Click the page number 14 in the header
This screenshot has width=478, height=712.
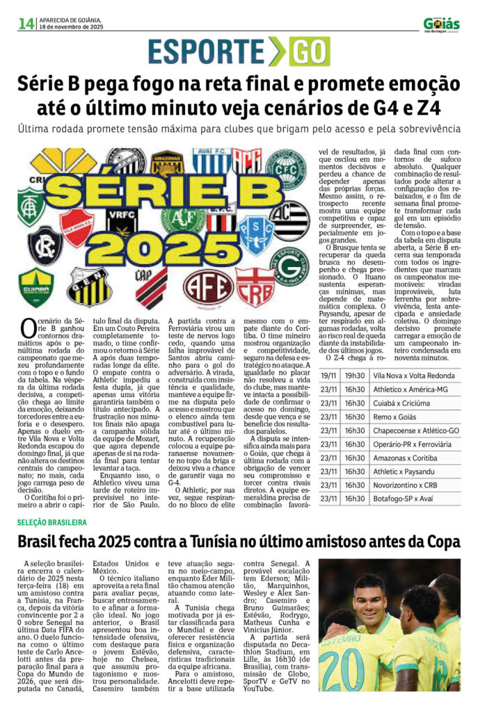(x=26, y=24)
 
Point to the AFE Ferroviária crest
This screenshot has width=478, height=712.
(x=208, y=286)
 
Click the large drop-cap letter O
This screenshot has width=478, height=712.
(x=28, y=327)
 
